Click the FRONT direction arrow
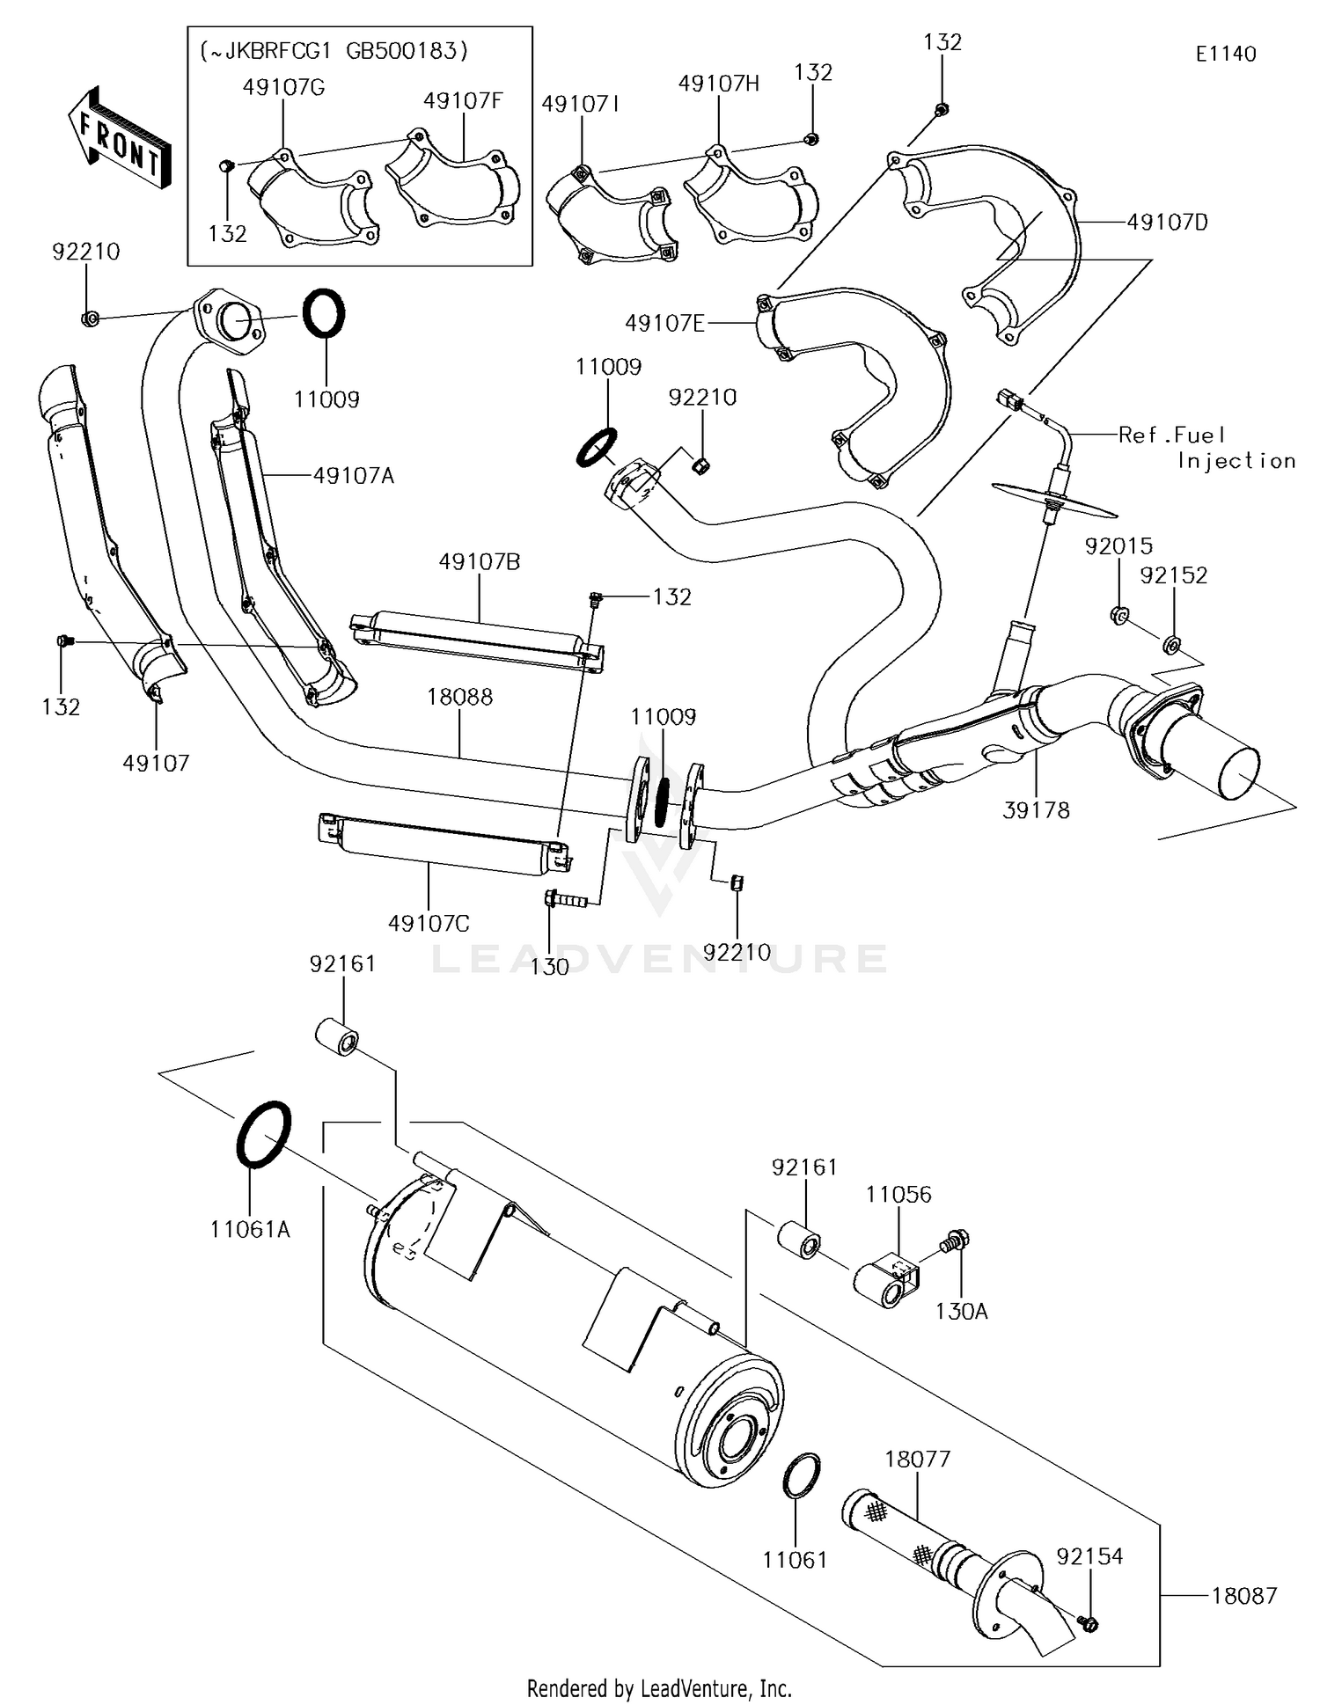[120, 140]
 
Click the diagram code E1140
[1225, 54]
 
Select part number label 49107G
[283, 87]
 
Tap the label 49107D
[1168, 223]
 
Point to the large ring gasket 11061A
[263, 1134]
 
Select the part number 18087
[1243, 1595]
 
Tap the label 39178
[1036, 810]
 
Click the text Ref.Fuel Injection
[1206, 447]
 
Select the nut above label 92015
[1119, 615]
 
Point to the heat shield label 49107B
[480, 561]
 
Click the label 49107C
[429, 923]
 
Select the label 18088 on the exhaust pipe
[459, 697]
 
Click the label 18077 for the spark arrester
[917, 1459]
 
